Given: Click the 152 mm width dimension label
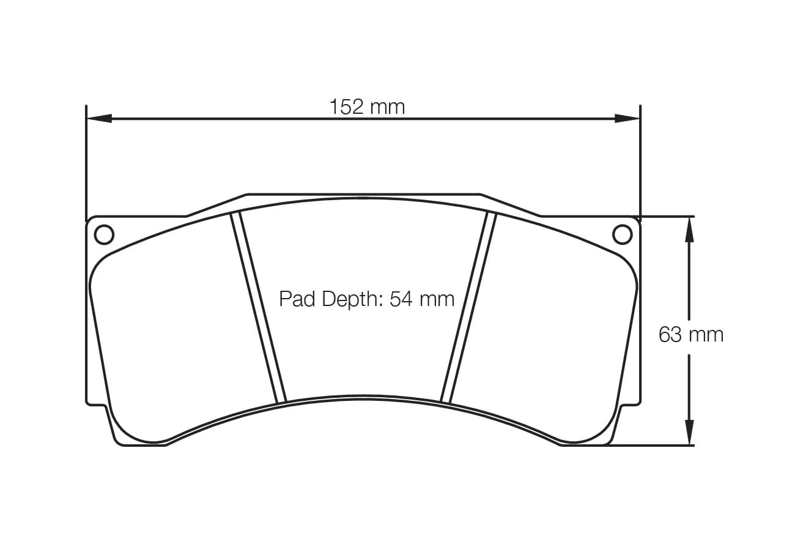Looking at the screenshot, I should tap(367, 107).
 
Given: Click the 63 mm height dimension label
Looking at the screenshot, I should tap(690, 335).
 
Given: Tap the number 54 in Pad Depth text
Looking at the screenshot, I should tap(401, 299).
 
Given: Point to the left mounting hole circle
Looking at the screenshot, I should tap(104, 234).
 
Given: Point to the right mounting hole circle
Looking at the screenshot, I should tap(622, 234).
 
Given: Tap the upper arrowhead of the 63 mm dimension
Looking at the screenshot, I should tap(689, 230).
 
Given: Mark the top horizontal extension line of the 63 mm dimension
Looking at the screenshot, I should tap(667, 216).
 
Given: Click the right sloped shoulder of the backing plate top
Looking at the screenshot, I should tap(511, 206).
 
